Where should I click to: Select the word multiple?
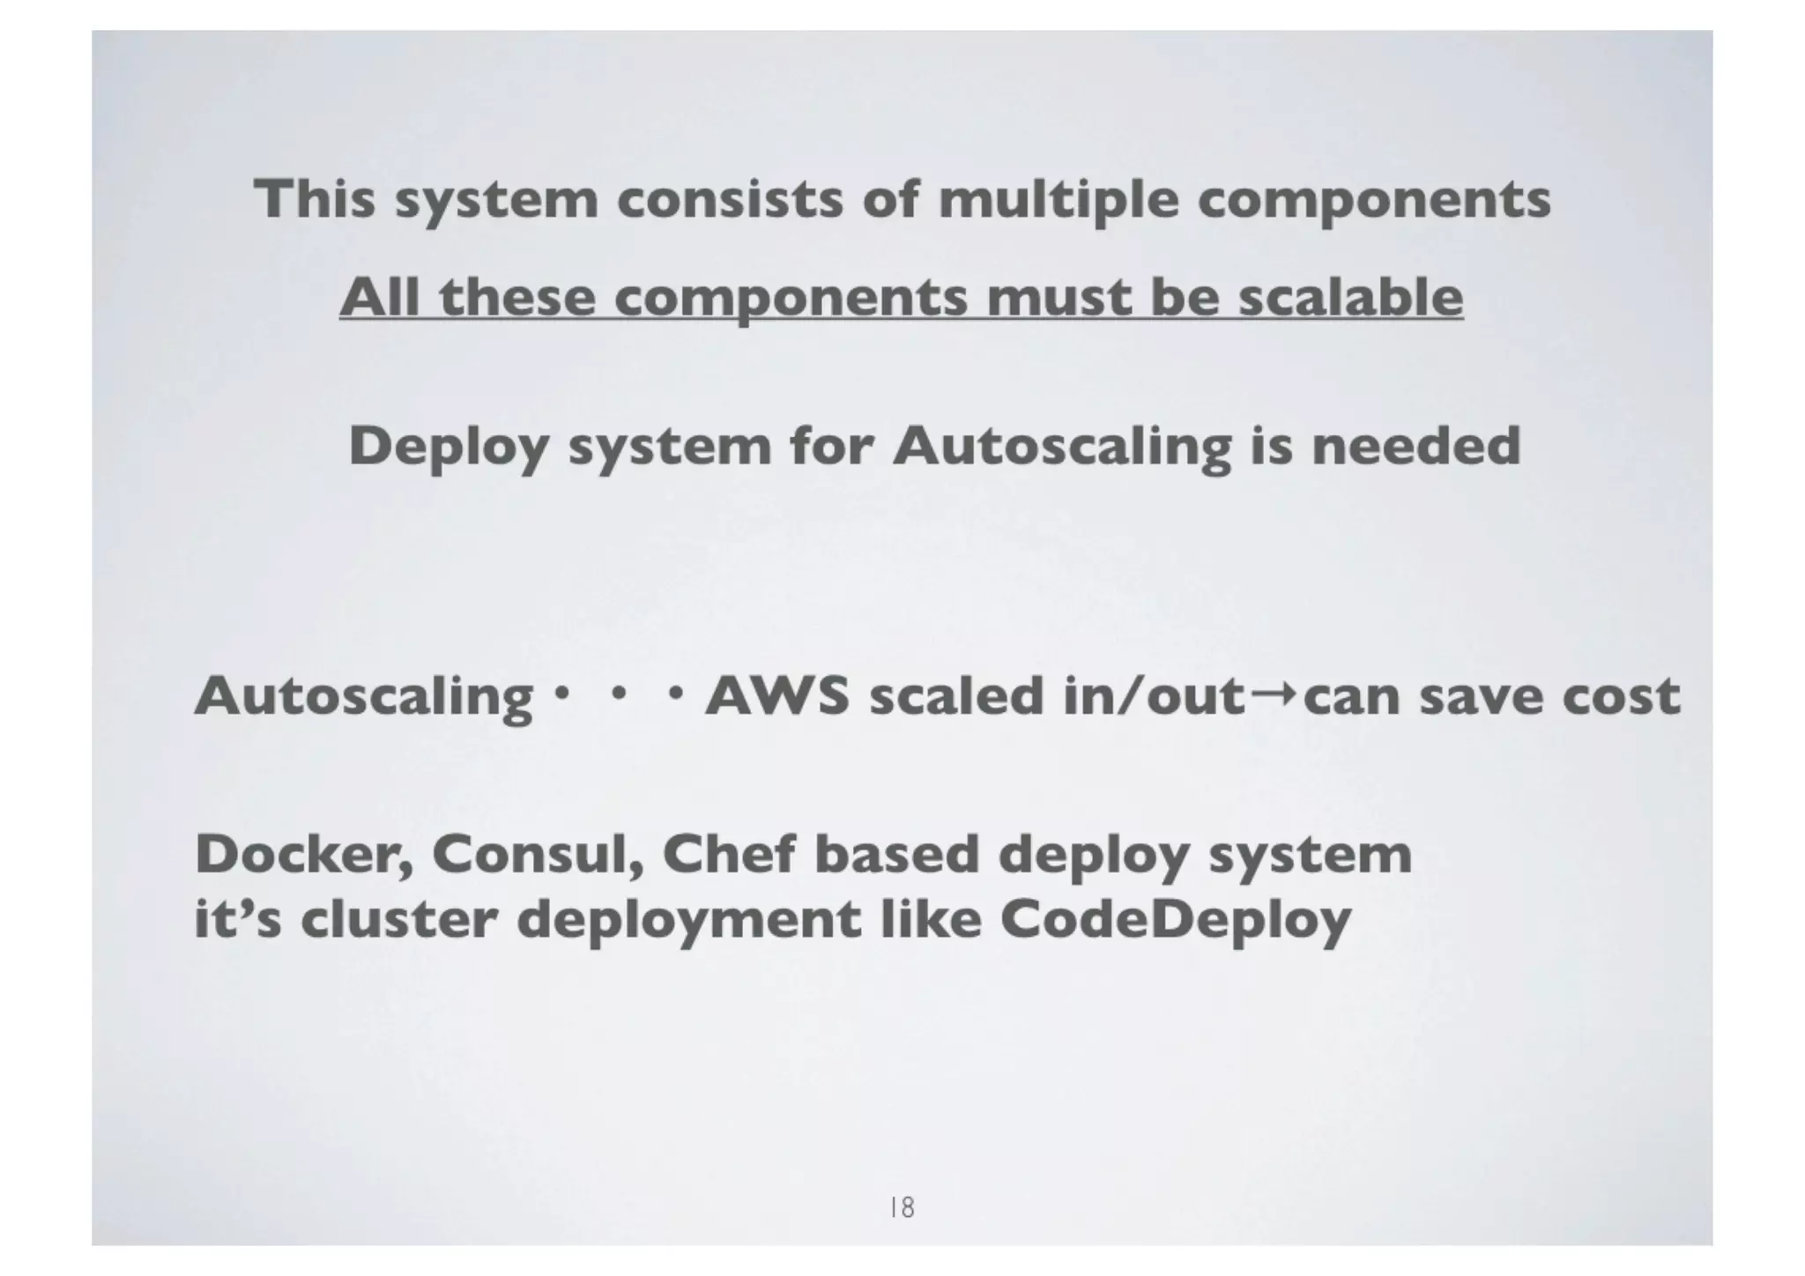pos(1058,200)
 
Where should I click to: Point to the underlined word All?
pos(380,297)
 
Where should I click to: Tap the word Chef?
pos(729,855)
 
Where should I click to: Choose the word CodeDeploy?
pos(1176,922)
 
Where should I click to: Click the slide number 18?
pos(902,1206)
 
